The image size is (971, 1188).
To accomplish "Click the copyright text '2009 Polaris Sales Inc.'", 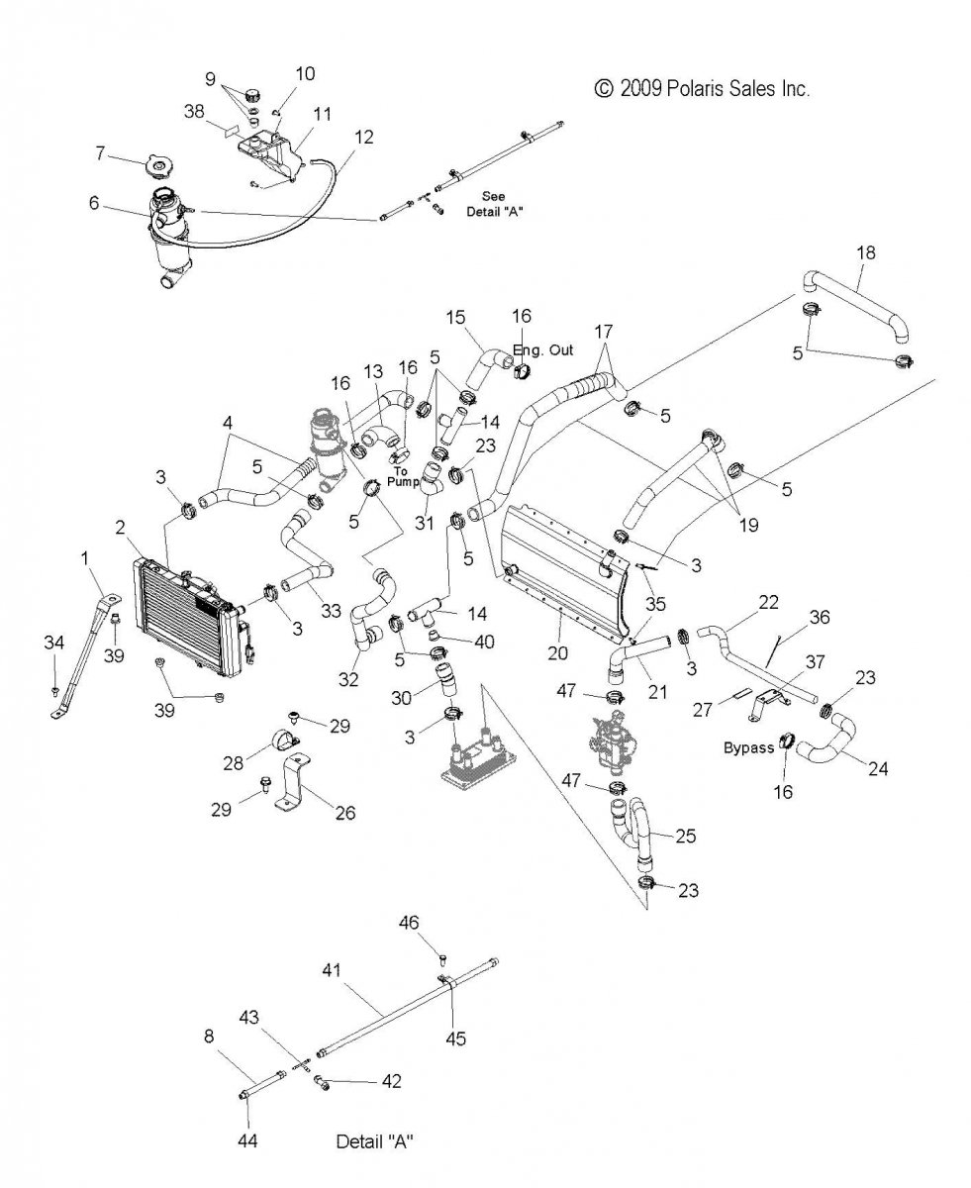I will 715,89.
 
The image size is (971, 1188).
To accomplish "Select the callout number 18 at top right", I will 865,252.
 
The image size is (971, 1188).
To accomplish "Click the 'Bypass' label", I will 748,747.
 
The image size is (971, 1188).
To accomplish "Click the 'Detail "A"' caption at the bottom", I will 374,1141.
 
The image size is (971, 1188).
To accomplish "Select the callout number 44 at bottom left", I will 247,1141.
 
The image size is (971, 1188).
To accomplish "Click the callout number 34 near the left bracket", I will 53,643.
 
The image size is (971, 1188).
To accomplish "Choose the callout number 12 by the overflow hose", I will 364,137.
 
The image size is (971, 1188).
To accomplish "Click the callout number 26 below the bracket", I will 343,813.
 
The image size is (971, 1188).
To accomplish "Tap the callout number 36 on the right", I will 820,617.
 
